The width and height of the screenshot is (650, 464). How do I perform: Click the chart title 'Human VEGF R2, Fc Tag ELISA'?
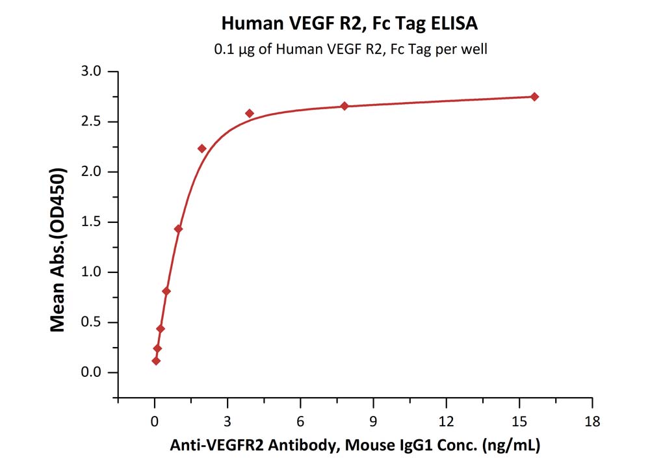(x=350, y=24)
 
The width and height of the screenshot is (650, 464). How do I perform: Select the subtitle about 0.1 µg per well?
(x=350, y=49)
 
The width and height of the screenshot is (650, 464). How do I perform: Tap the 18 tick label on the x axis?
(x=591, y=420)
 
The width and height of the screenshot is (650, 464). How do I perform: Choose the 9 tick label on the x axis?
(x=373, y=420)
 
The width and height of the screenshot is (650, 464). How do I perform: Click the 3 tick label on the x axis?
(x=227, y=420)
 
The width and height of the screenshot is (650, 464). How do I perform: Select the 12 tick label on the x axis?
(x=446, y=420)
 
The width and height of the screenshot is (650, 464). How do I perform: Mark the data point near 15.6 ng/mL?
(x=534, y=97)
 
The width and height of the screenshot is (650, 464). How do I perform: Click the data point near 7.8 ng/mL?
(x=344, y=106)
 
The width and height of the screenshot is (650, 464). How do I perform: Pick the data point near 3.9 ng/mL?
(x=250, y=113)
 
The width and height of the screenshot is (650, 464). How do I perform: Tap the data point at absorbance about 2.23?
(x=201, y=149)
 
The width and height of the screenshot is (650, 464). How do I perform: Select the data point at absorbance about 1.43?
(x=178, y=229)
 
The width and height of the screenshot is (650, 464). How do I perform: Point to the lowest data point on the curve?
(x=156, y=361)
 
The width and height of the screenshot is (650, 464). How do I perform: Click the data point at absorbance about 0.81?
(x=166, y=291)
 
